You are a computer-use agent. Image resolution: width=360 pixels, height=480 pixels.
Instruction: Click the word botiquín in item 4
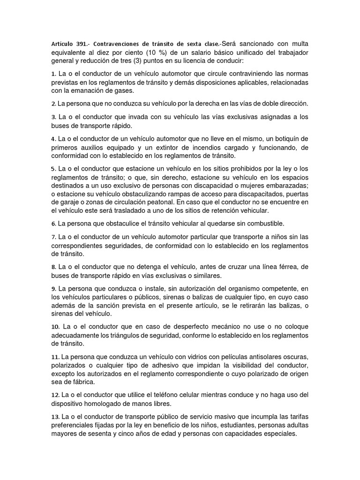281,139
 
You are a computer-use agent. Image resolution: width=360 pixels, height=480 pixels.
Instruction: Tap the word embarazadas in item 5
286,186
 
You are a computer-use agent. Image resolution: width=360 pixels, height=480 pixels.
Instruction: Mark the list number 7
53,237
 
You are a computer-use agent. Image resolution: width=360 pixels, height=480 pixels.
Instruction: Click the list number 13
55,417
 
